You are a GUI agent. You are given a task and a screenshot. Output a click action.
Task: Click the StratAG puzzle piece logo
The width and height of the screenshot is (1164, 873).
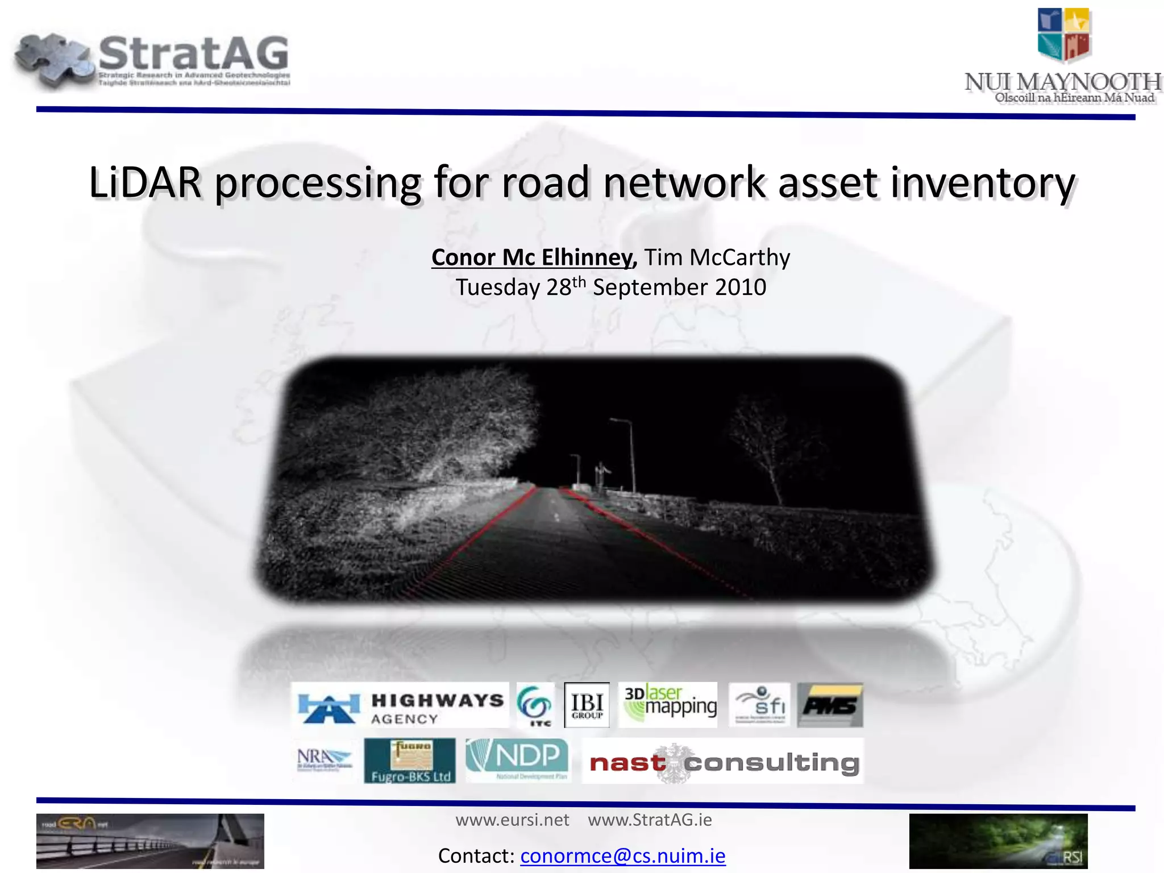[x=54, y=60]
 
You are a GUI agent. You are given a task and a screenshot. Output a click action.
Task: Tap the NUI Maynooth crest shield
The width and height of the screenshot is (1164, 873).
[x=1063, y=35]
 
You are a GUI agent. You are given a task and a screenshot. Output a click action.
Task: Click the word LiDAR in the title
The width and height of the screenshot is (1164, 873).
[x=145, y=183]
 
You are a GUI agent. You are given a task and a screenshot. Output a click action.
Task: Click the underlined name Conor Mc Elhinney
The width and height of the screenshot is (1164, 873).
[x=533, y=257]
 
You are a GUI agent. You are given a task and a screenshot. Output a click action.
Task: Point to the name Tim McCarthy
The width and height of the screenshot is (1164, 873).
[x=717, y=257]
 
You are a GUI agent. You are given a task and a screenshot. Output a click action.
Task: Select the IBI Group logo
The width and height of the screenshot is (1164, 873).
[x=587, y=705]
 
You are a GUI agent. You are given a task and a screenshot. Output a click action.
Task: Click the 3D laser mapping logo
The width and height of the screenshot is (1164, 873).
[x=668, y=705]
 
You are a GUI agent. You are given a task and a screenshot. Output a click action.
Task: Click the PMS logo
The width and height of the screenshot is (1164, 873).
[x=830, y=705]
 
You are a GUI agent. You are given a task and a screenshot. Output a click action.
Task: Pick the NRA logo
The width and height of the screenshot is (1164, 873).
[x=324, y=760]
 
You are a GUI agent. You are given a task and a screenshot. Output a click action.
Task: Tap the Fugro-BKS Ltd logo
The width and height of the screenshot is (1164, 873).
[x=410, y=760]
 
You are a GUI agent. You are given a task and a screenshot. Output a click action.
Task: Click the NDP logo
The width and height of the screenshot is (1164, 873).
[x=518, y=760]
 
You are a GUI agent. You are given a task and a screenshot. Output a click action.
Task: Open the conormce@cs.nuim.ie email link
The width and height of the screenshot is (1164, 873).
[x=623, y=855]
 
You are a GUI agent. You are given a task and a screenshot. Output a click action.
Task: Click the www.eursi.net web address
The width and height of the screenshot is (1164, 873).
[x=512, y=820]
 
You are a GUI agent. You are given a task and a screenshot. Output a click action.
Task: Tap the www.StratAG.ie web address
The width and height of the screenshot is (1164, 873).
[x=650, y=820]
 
